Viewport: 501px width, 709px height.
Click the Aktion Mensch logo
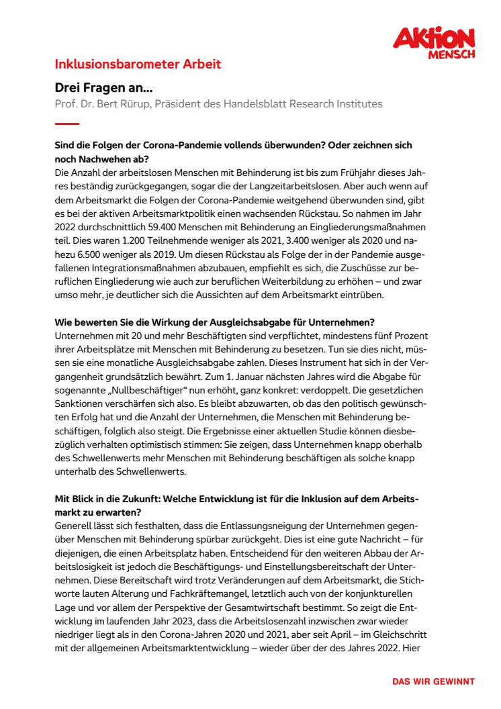point(434,42)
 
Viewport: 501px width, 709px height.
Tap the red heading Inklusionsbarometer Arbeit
point(138,65)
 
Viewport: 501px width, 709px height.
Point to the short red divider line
point(67,124)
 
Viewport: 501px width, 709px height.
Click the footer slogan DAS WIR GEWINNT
point(434,681)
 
